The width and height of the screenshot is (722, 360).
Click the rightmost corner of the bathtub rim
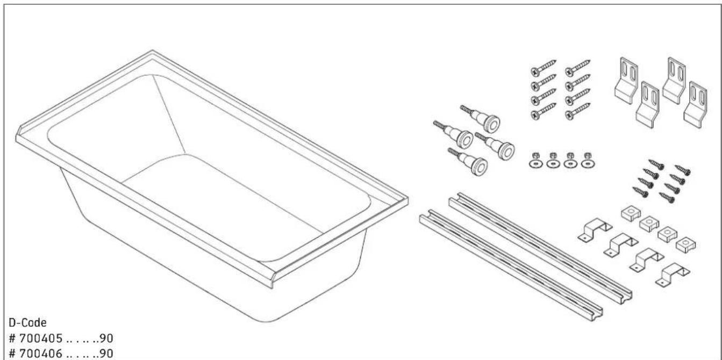point(406,201)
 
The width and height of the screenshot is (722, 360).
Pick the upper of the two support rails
point(538,242)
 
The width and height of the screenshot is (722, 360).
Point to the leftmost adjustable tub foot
point(454,134)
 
